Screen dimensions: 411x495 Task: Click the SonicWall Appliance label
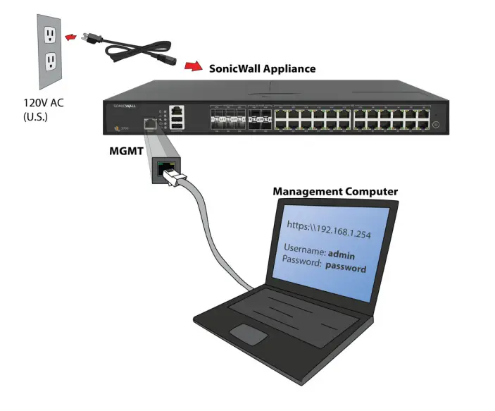tap(262, 68)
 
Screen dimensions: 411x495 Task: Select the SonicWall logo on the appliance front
tap(123, 105)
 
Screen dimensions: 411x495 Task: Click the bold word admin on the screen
tap(344, 253)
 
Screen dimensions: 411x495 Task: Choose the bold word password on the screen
tap(344, 268)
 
